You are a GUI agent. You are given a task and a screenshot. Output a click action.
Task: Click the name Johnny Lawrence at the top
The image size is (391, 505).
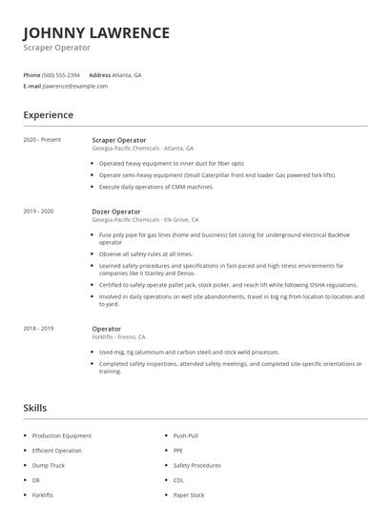(96, 32)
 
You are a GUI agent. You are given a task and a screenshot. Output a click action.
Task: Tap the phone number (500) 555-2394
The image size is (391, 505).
(61, 74)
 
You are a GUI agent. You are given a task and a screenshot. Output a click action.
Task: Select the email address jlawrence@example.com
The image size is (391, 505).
(75, 86)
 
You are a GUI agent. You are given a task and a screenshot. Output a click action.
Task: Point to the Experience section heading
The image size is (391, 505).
(48, 115)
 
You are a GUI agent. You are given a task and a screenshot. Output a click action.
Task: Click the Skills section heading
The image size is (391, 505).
(35, 408)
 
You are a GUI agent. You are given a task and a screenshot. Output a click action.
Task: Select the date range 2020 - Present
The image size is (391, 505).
(42, 140)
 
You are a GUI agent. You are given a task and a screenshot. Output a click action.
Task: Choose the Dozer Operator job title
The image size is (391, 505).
(115, 212)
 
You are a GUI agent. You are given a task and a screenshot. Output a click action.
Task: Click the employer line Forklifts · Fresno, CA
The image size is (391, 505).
(118, 336)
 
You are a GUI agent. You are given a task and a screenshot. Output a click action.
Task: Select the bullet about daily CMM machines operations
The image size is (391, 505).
(155, 187)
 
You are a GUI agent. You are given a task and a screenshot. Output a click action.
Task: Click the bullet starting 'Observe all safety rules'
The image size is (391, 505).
(145, 254)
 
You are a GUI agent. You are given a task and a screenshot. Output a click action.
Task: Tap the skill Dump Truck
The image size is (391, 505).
(49, 465)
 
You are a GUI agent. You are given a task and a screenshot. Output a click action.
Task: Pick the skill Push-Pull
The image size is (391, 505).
(186, 435)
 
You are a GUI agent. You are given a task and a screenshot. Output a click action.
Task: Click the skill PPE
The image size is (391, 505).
(177, 450)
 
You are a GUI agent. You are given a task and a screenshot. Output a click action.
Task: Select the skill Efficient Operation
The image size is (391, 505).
(56, 450)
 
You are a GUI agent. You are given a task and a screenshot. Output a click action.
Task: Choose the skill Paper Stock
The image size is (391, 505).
(189, 495)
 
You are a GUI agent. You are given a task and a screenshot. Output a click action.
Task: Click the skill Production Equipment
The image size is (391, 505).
(61, 435)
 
